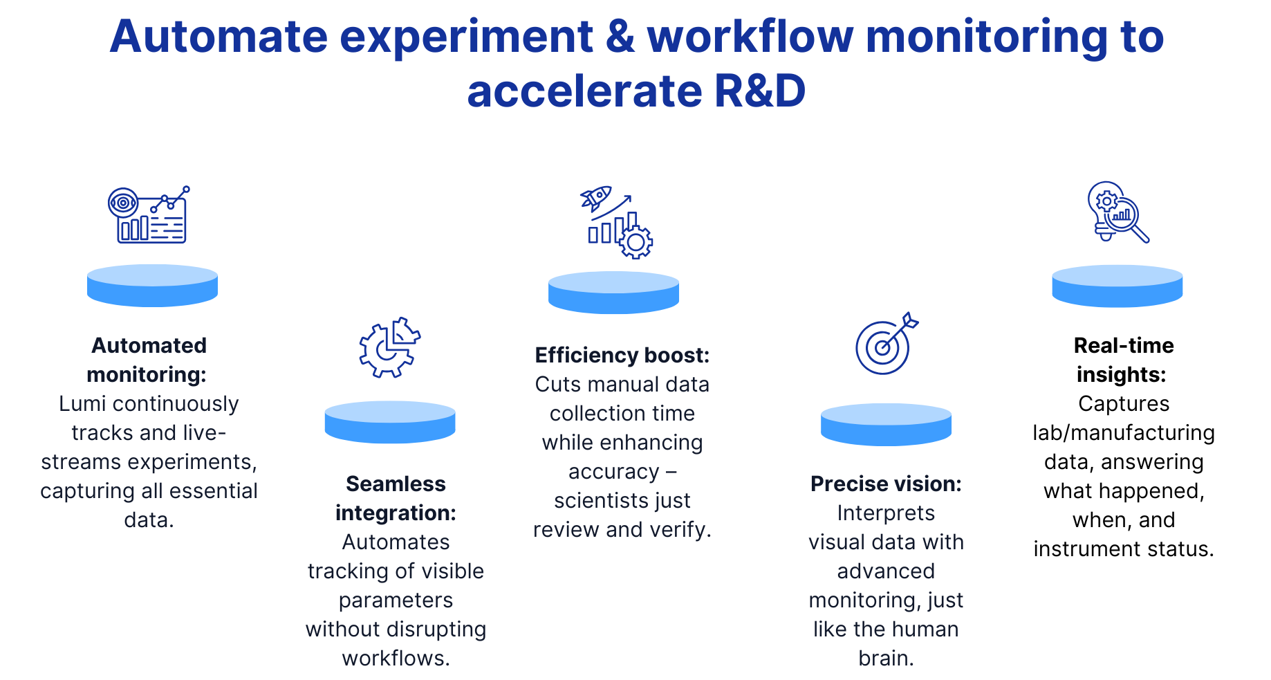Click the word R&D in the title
tap(759, 91)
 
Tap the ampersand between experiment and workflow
tap(620, 37)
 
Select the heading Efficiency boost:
tap(622, 355)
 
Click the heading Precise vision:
tap(886, 484)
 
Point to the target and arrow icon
tap(886, 344)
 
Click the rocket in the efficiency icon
tap(595, 197)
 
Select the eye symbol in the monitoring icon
tap(123, 203)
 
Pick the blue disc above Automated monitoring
tap(152, 285)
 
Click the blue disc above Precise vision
tap(886, 424)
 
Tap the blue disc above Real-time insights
tap(1117, 286)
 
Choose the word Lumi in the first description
tap(83, 403)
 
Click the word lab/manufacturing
tap(1124, 432)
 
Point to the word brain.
tap(886, 658)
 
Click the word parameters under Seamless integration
tap(396, 600)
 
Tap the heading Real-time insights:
tap(1124, 360)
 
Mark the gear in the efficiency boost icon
tap(635, 241)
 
